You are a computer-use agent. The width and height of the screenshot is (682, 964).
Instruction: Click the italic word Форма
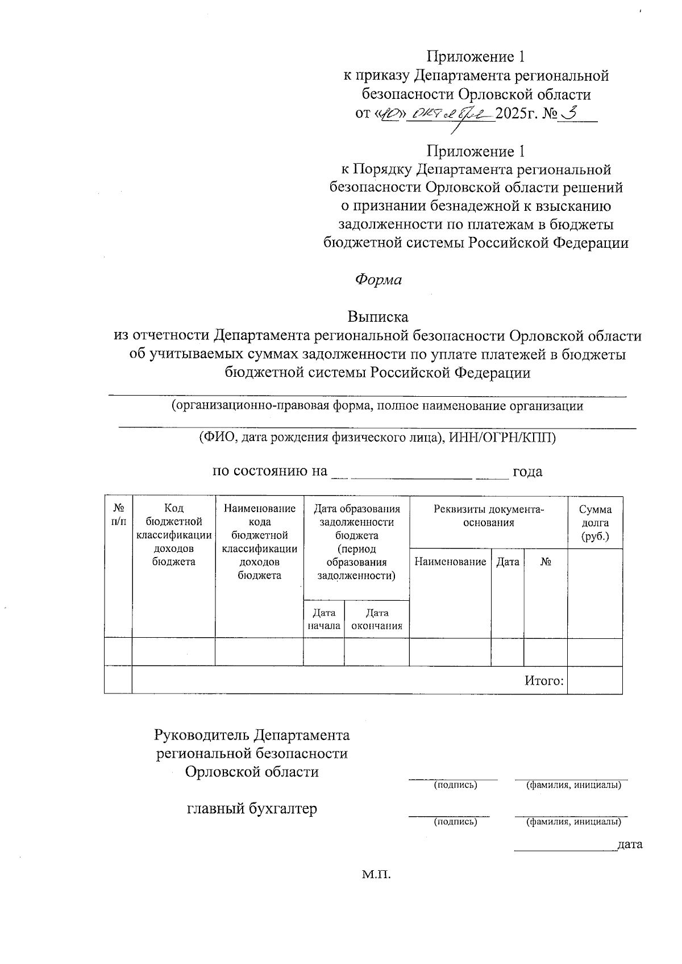pyautogui.click(x=378, y=280)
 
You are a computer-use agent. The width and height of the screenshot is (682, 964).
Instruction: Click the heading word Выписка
pyautogui.click(x=378, y=316)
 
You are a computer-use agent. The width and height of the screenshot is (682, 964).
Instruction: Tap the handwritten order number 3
pyautogui.click(x=568, y=113)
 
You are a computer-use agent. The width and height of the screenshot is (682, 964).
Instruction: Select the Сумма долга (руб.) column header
pyautogui.click(x=595, y=523)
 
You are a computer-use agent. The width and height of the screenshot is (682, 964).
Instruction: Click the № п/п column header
pyautogui.click(x=118, y=515)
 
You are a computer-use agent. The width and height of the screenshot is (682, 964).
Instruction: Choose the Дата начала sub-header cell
pyautogui.click(x=324, y=619)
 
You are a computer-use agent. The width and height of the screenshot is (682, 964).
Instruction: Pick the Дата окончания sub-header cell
pyautogui.click(x=377, y=619)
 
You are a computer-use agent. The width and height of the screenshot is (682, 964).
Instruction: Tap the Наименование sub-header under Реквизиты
pyautogui.click(x=450, y=562)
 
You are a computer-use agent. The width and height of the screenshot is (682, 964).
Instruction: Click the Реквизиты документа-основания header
pyautogui.click(x=489, y=516)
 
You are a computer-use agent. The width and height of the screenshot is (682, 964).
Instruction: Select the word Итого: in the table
pyautogui.click(x=544, y=680)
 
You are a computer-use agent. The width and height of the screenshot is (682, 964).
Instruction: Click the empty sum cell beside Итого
pyautogui.click(x=595, y=680)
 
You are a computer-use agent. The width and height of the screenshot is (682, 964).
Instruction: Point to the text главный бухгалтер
pyautogui.click(x=252, y=808)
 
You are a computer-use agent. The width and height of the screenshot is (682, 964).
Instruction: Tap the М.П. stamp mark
pyautogui.click(x=377, y=874)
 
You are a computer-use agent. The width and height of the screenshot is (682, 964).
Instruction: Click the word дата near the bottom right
pyautogui.click(x=630, y=844)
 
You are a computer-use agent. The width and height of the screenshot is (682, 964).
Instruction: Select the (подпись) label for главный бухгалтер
pyautogui.click(x=455, y=821)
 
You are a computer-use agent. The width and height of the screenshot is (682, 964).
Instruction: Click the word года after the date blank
pyautogui.click(x=527, y=471)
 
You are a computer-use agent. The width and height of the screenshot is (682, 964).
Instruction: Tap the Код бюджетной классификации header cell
pyautogui.click(x=174, y=535)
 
